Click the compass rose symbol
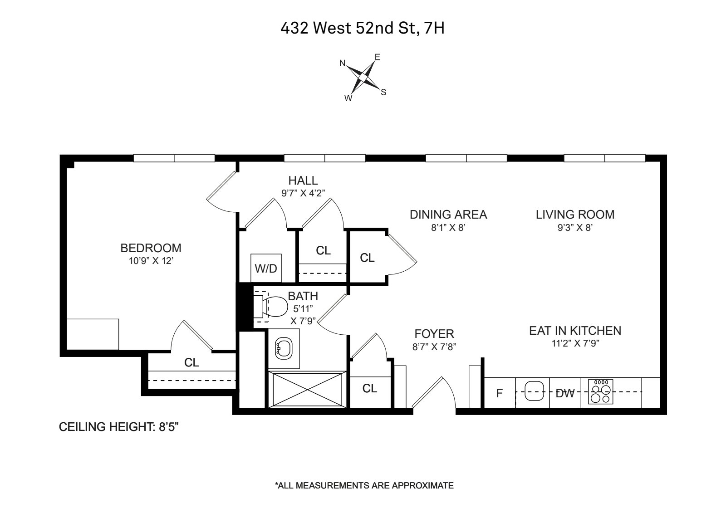(x=363, y=78)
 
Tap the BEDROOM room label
(x=151, y=248)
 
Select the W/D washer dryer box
(x=266, y=268)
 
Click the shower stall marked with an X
(x=307, y=389)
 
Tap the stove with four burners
(x=600, y=391)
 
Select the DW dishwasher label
(x=565, y=393)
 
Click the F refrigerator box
(x=500, y=393)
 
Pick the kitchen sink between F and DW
(x=534, y=392)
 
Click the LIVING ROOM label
(x=575, y=215)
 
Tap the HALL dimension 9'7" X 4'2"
(x=303, y=193)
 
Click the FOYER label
(x=434, y=334)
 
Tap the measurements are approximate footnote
(x=364, y=485)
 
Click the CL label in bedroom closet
(x=191, y=362)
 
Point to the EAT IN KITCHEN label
(x=575, y=331)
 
